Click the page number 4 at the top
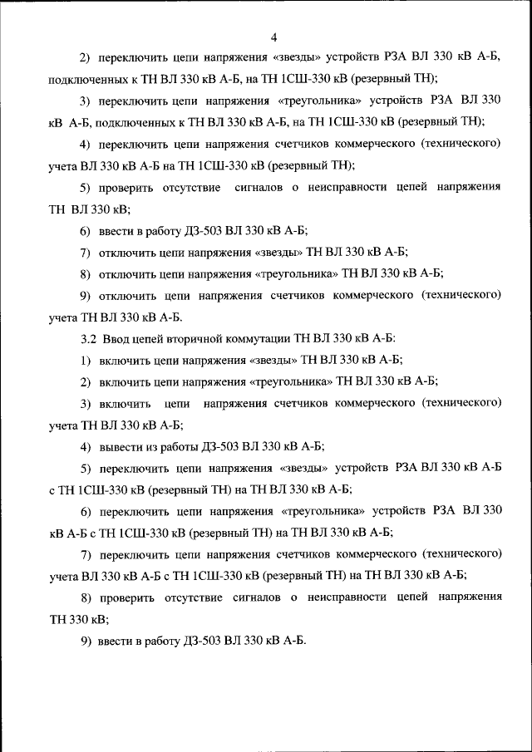pyautogui.click(x=273, y=37)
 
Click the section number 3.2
pyautogui.click(x=88, y=338)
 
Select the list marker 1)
pyautogui.click(x=86, y=360)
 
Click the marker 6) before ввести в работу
pyautogui.click(x=86, y=230)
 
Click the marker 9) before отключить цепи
pyautogui.click(x=86, y=295)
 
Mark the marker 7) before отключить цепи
pyautogui.click(x=86, y=252)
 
